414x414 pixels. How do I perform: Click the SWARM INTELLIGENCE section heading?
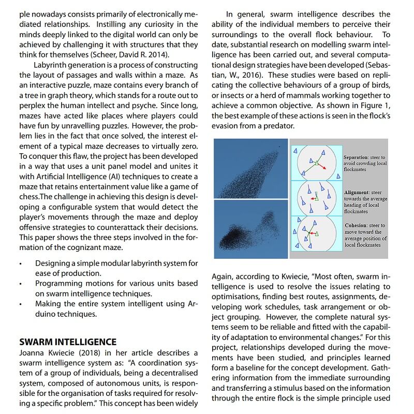point(68,342)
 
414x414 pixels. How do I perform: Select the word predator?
point(277,126)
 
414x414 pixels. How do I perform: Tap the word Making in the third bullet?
point(48,304)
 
